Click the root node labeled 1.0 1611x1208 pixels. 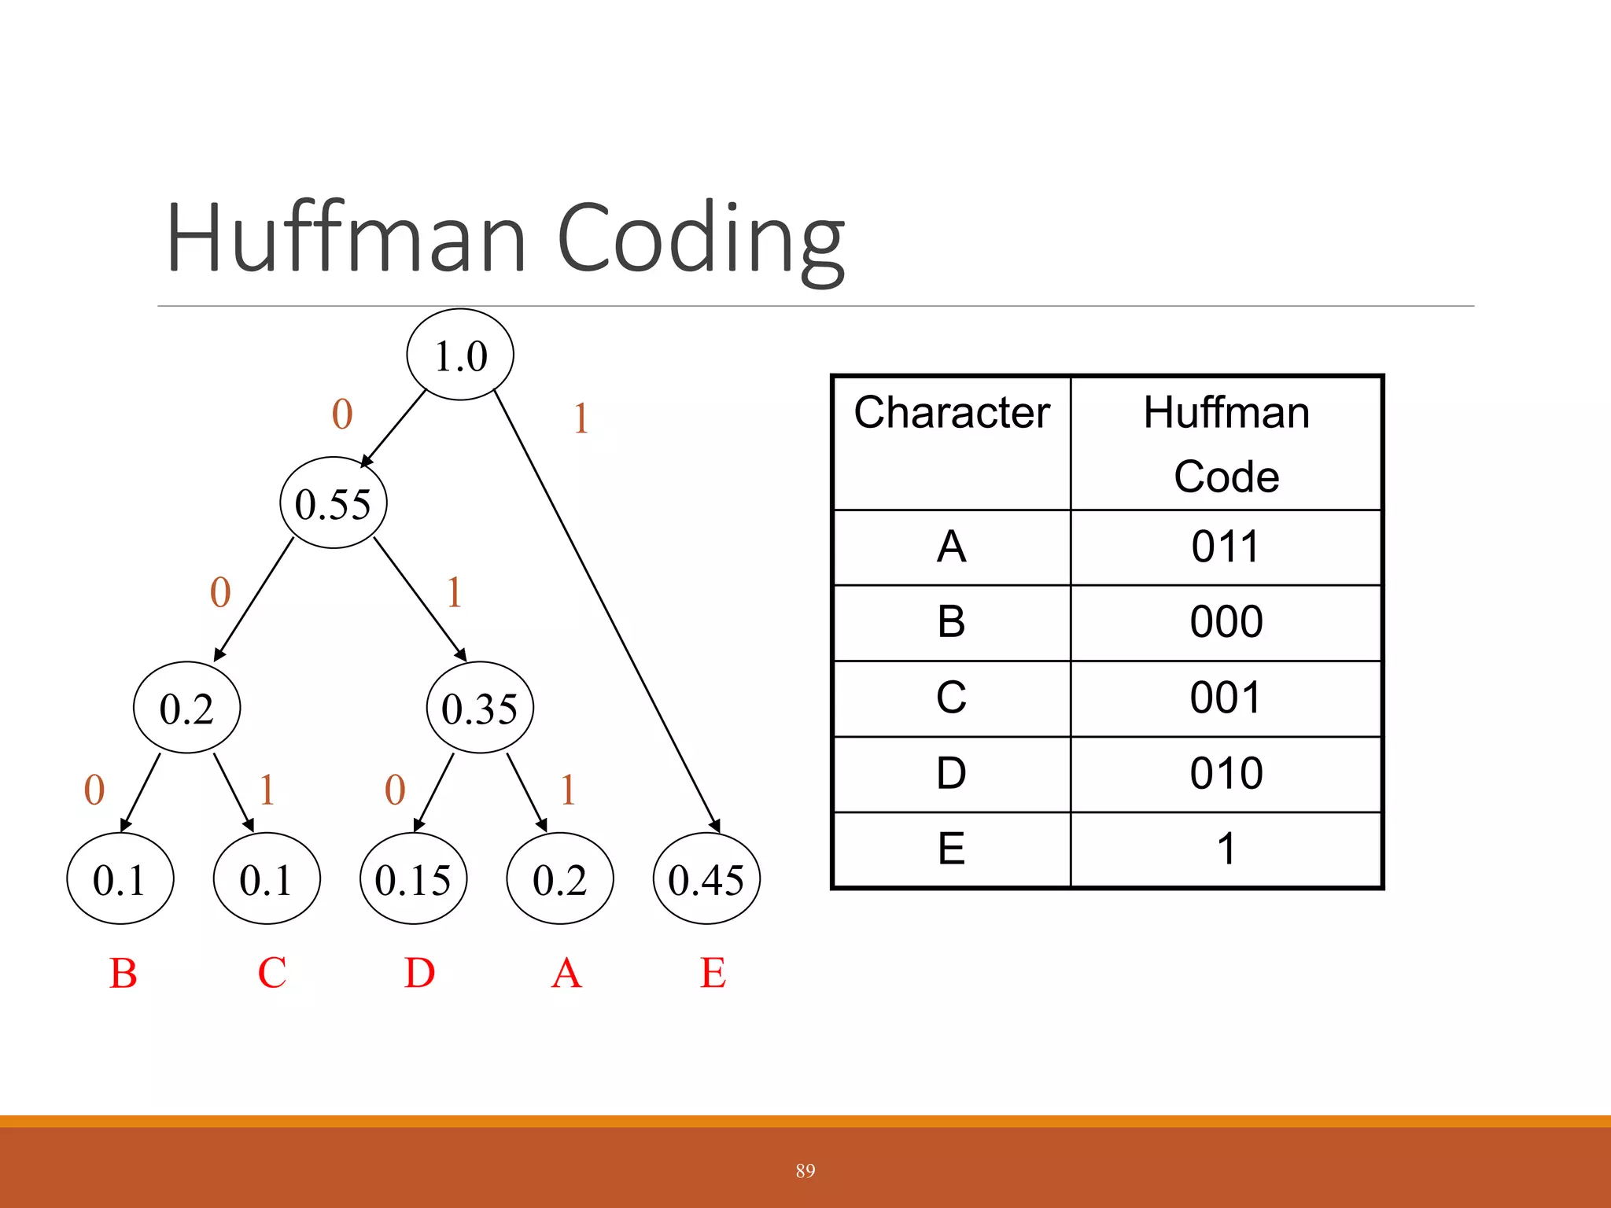(x=460, y=355)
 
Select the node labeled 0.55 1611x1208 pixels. (x=334, y=503)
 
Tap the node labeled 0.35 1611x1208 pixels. (x=480, y=708)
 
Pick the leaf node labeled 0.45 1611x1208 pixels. (x=706, y=878)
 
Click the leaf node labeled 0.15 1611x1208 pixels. (x=413, y=878)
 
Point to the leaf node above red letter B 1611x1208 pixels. (x=120, y=878)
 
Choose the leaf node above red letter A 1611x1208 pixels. (x=560, y=878)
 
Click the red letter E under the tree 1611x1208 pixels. (x=713, y=973)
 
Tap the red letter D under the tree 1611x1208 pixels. (x=419, y=973)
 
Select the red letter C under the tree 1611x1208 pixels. (x=272, y=973)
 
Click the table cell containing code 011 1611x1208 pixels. (x=1226, y=547)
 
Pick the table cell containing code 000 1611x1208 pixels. (x=1226, y=622)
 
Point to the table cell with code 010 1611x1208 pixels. (x=1226, y=773)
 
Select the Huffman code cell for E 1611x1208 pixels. (x=1226, y=849)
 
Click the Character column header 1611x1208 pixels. (x=952, y=413)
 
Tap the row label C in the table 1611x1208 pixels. (x=952, y=698)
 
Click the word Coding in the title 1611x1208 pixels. (x=700, y=240)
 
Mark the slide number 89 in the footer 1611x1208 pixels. (x=805, y=1170)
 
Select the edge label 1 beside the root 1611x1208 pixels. (x=581, y=418)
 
